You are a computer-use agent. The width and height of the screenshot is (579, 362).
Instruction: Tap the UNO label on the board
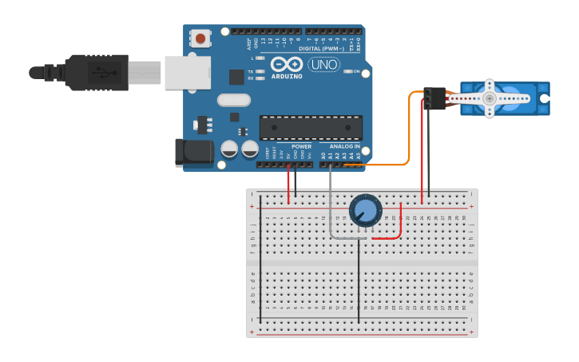(x=323, y=64)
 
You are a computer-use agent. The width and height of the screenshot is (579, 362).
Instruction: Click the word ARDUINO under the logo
(x=287, y=77)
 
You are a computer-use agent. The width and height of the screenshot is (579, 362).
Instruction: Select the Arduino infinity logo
(x=286, y=64)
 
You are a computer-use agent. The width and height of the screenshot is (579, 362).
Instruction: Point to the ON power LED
(x=347, y=71)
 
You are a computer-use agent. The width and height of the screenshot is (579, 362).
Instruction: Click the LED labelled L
(x=260, y=58)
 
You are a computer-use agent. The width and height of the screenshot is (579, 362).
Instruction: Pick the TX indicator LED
(x=260, y=71)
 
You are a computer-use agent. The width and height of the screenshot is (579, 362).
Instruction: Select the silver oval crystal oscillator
(x=233, y=100)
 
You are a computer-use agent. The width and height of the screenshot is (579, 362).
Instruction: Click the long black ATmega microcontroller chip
(x=311, y=128)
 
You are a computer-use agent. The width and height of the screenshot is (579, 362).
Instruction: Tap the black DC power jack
(x=194, y=153)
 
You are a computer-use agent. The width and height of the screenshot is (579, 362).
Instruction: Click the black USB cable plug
(x=96, y=72)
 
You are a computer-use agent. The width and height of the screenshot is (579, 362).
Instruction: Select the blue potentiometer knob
(x=365, y=210)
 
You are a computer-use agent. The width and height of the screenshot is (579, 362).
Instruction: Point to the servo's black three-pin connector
(x=435, y=97)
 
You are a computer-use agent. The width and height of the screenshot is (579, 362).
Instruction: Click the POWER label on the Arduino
(x=302, y=147)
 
